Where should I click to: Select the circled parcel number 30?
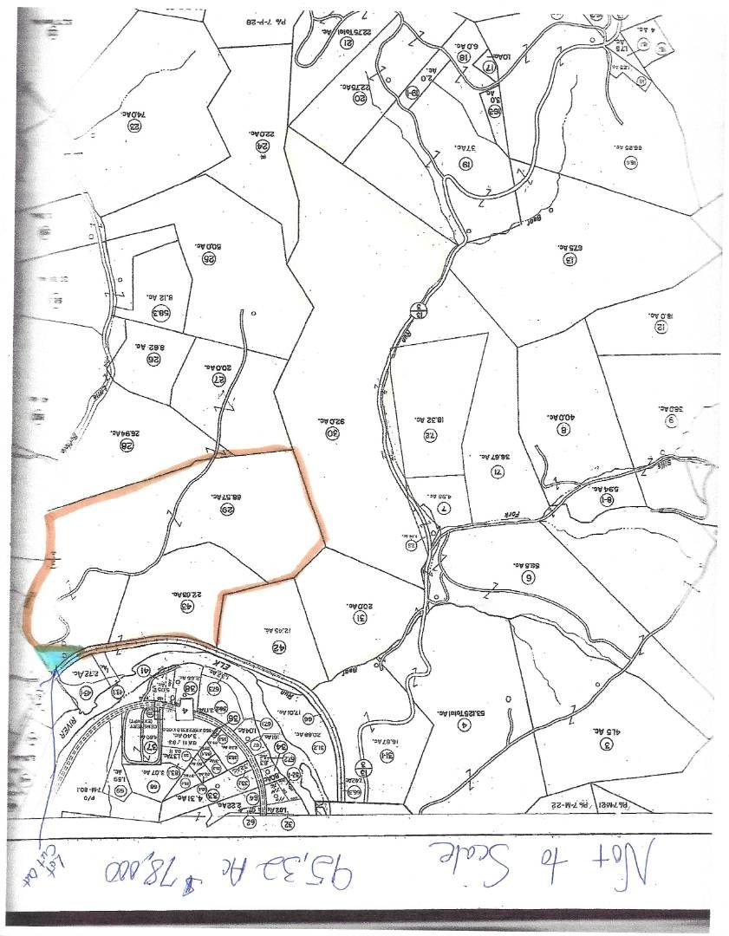pos(331,432)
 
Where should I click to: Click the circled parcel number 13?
pos(570,259)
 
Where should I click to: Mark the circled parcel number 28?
pos(127,445)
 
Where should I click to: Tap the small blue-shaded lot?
pos(57,657)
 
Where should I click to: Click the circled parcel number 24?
pos(261,146)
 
